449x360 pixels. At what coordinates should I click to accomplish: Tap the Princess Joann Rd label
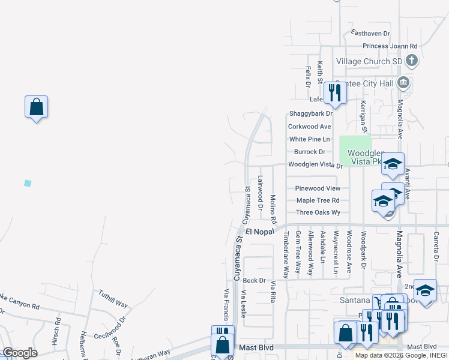pos(390,46)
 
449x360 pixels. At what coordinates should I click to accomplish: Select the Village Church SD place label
pos(369,62)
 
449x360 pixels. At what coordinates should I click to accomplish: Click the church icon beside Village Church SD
pos(412,61)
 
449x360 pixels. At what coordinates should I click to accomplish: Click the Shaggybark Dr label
pos(310,113)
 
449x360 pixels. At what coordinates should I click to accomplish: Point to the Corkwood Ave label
pos(309,127)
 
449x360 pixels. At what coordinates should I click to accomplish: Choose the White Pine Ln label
pos(310,139)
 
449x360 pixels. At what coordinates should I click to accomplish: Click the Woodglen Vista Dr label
pos(315,164)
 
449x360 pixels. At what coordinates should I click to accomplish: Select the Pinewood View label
pos(318,188)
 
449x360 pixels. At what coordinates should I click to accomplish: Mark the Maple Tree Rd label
pos(318,200)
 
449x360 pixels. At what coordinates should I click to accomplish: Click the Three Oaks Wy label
pos(318,212)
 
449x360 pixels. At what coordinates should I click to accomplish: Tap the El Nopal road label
pos(259,231)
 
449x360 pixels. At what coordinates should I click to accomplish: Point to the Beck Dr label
pos(254,280)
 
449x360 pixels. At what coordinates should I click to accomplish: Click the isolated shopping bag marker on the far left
pos(36,107)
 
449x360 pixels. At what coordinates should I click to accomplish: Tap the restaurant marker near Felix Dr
pos(334,93)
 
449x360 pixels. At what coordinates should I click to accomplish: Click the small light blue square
pos(27,183)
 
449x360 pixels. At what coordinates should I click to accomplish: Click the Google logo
pos(19,353)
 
